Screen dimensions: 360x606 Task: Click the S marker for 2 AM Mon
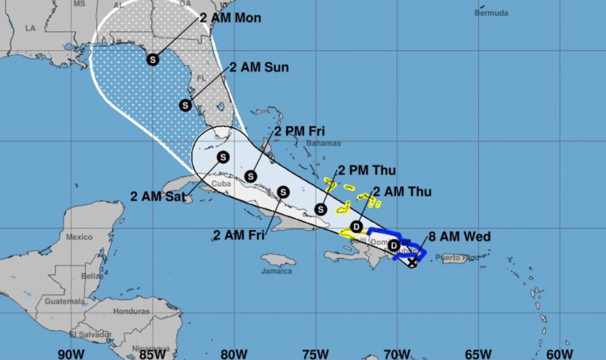(153, 60)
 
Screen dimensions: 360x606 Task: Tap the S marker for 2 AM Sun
(185, 105)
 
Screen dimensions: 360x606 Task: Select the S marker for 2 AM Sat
(223, 157)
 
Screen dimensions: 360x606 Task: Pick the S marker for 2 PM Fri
(251, 176)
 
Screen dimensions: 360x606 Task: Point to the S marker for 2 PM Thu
(321, 209)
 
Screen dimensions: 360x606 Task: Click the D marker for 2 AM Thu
(357, 227)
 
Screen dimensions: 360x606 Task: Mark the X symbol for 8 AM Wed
(412, 262)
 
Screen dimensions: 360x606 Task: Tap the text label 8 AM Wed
(459, 237)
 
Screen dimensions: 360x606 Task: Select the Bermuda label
(491, 13)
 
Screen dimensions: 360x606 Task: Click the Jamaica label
(276, 271)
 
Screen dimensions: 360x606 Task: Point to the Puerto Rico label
(457, 257)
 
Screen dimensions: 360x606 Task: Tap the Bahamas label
(324, 143)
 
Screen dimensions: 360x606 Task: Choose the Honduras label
(131, 311)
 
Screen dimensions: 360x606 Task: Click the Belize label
(92, 276)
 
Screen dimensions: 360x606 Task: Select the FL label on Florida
(201, 78)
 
